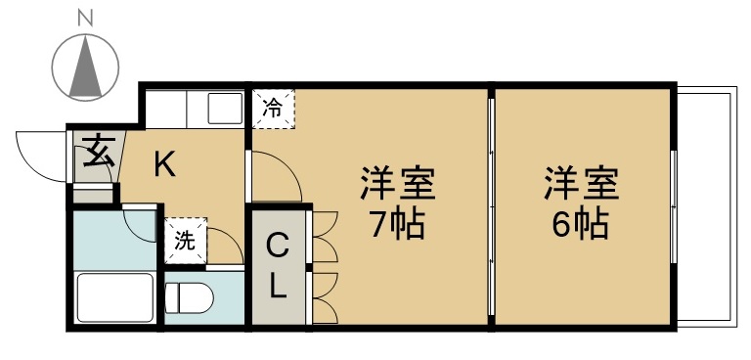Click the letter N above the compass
pos(86,17)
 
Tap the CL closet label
pos(278,264)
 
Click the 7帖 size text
pos(395,226)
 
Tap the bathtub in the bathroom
pos(114,297)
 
